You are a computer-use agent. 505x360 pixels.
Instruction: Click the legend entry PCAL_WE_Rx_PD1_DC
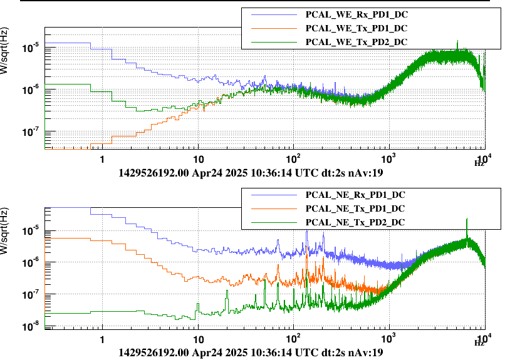pos(357,13)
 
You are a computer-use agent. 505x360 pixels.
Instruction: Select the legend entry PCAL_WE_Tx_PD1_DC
pos(357,28)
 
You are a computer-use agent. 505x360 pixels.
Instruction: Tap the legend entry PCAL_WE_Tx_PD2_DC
pos(357,42)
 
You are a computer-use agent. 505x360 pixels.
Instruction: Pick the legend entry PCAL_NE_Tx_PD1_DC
pos(355,208)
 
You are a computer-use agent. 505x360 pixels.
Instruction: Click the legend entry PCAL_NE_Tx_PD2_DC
pos(355,223)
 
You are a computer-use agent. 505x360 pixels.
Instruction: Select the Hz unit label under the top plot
pos(478,163)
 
